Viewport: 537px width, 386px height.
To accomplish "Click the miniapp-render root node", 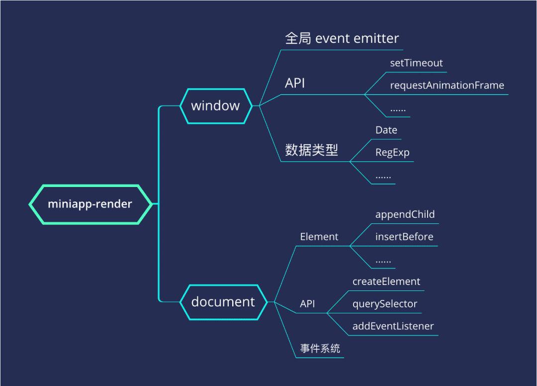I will point(90,204).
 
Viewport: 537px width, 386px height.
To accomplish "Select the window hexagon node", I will point(215,105).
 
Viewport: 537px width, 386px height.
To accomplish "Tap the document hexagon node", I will point(223,301).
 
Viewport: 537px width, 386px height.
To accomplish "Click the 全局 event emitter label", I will point(342,38).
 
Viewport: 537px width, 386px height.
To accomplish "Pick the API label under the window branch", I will point(295,83).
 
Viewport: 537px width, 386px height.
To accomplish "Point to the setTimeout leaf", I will point(416,63).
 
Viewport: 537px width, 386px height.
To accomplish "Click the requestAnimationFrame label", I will point(447,85).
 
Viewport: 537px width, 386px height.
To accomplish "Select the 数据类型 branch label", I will point(311,150).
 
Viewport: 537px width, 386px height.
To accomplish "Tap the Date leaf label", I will point(386,130).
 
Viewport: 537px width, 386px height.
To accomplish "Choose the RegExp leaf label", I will point(392,152).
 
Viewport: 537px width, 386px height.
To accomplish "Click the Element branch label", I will point(319,237).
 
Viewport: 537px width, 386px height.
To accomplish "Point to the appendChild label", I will point(405,214).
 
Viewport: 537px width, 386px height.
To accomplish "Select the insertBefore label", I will point(404,237).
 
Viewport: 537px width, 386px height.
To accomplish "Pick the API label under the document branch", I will point(307,304).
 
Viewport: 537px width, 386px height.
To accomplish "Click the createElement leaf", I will point(386,282).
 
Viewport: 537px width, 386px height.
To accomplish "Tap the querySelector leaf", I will point(385,304).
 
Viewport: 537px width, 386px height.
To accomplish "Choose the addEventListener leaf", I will point(393,326).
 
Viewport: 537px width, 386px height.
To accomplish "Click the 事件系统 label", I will point(320,349).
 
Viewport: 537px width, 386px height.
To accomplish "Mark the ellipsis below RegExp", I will point(383,177).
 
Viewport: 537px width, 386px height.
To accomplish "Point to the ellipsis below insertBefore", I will point(383,261).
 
